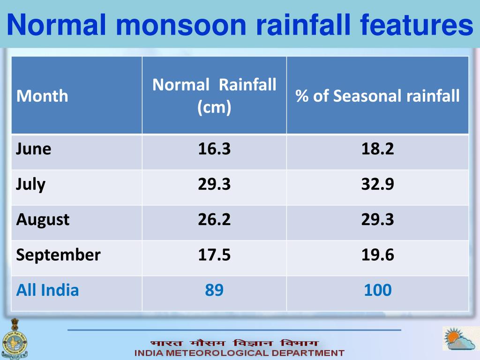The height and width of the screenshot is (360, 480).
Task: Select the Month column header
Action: (42, 96)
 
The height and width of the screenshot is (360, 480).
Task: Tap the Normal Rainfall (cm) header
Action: (214, 96)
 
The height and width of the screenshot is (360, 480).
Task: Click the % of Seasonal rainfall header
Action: (377, 96)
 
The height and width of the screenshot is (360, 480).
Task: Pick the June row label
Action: (33, 149)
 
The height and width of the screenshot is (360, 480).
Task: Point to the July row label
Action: (30, 184)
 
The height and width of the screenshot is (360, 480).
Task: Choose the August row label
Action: (43, 219)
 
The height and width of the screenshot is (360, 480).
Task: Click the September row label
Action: (58, 255)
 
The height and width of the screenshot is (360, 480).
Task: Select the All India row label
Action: (47, 290)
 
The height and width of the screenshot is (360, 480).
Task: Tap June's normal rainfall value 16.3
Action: (214, 149)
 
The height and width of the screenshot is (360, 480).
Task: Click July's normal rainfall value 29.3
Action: (214, 184)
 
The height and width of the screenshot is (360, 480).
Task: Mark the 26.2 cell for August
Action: (214, 219)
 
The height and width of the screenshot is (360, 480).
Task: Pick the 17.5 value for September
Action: (214, 255)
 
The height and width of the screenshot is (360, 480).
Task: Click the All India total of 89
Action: (214, 290)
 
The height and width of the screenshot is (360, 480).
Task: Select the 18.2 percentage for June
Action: (377, 149)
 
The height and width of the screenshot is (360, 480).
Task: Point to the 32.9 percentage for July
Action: (377, 184)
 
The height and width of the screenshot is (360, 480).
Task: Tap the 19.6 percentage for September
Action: (377, 255)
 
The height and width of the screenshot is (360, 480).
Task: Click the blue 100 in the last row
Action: (377, 290)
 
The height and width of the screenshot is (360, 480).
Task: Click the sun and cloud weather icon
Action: (459, 338)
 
